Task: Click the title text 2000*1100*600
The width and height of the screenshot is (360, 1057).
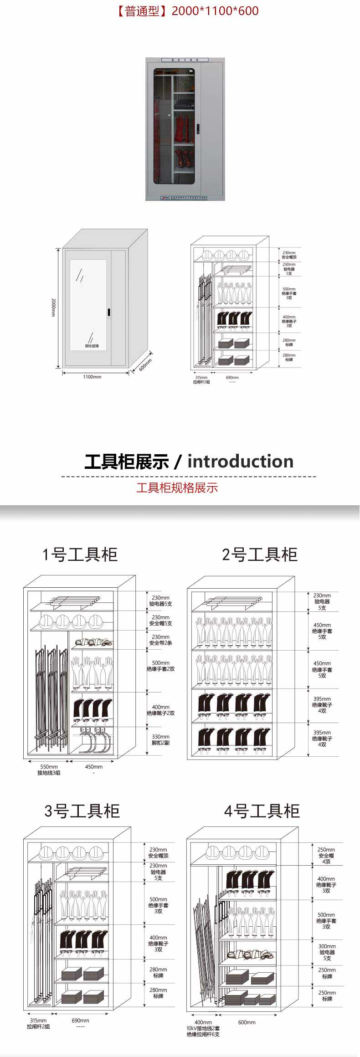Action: tap(215, 11)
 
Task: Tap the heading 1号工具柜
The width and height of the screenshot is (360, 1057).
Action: tap(80, 554)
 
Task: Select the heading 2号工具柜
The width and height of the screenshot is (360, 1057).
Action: tap(260, 554)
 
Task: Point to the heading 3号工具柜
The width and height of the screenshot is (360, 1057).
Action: tap(82, 811)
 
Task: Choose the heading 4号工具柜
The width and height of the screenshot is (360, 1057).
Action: tap(262, 811)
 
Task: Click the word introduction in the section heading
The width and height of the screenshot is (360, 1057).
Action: tap(241, 461)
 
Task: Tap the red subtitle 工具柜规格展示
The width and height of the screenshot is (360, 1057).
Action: tap(177, 487)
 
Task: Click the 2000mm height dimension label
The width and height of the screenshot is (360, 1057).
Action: tap(53, 308)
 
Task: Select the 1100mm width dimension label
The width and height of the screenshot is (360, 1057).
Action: tap(92, 377)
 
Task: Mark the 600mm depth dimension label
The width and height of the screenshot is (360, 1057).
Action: tap(145, 364)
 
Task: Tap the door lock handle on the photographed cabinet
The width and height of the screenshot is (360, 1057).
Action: tap(197, 129)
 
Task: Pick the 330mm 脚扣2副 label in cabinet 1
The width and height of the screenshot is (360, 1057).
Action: tap(160, 739)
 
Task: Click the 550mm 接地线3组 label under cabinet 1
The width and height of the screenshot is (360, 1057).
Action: tap(49, 770)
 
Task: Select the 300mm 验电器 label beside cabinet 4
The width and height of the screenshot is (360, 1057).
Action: tap(327, 952)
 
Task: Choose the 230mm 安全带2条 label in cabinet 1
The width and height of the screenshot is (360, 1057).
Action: tap(160, 640)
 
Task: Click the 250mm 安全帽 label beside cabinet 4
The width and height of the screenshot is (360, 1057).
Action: tap(326, 856)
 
